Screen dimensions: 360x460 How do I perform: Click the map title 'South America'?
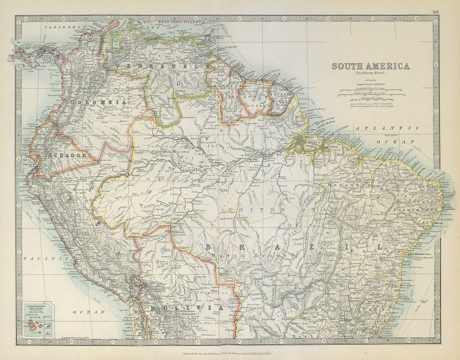coord(371,66)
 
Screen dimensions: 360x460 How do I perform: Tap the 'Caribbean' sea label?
coord(65,28)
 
